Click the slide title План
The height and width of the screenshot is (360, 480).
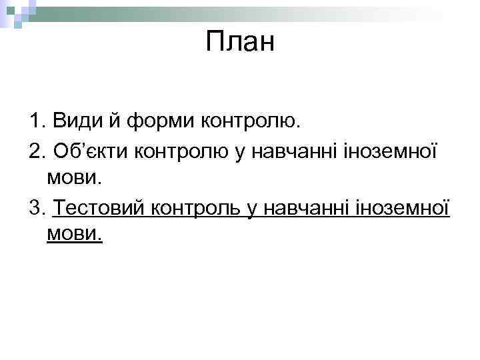(x=240, y=43)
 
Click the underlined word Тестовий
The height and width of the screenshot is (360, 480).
(x=100, y=208)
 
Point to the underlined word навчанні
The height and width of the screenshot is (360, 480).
(x=303, y=208)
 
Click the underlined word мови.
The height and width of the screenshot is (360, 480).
(x=75, y=235)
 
